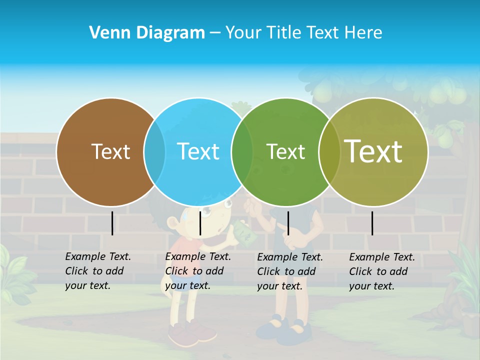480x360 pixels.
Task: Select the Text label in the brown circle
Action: (x=110, y=151)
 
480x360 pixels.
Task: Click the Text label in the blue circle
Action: (x=198, y=151)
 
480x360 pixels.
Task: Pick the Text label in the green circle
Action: (x=285, y=151)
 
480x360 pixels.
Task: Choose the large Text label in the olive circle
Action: (x=373, y=151)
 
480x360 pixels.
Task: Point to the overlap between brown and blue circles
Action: (x=154, y=151)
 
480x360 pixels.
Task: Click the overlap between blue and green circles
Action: (x=242, y=151)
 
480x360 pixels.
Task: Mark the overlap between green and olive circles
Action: (x=329, y=151)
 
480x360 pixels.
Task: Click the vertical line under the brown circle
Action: (x=112, y=223)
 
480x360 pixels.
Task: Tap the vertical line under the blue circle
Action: (x=200, y=223)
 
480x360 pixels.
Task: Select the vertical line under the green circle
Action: (x=288, y=223)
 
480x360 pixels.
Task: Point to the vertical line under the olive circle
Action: (x=372, y=223)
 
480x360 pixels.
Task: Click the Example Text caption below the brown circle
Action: (x=97, y=271)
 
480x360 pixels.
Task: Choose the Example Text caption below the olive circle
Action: (x=381, y=271)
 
